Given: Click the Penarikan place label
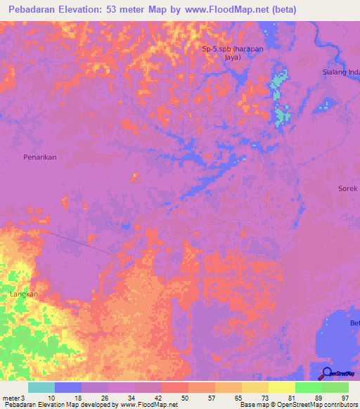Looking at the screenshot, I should (39, 157).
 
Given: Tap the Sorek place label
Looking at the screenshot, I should (348, 188).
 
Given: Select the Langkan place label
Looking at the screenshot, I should (23, 294).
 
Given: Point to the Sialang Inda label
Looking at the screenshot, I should (340, 72).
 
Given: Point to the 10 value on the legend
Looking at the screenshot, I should (51, 398).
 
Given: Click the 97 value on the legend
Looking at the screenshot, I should (345, 398).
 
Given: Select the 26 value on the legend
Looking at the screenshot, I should (105, 398).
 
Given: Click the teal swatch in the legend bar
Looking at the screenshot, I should (41, 387).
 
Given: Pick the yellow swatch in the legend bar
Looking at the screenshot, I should (282, 387).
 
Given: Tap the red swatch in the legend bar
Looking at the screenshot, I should (175, 387).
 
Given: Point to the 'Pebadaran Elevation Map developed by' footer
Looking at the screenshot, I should (59, 405).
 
